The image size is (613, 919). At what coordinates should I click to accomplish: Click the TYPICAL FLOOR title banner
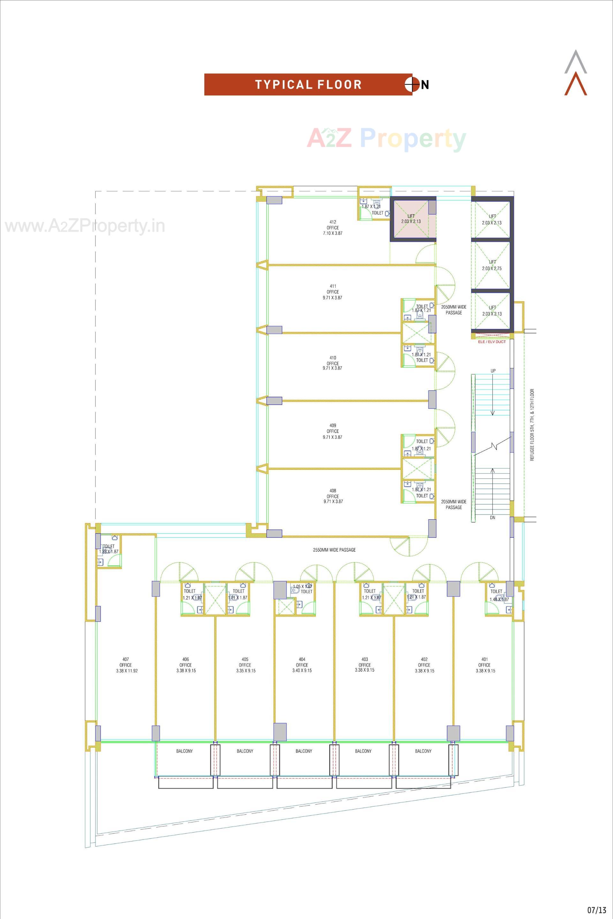[x=308, y=85]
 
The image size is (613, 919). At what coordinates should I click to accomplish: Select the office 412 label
[x=333, y=228]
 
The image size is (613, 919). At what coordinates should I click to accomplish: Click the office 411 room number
[x=333, y=286]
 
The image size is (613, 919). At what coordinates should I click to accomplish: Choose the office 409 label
[x=333, y=431]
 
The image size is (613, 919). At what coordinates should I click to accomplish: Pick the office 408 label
[x=333, y=496]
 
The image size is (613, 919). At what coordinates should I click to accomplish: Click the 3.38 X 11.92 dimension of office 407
[x=127, y=671]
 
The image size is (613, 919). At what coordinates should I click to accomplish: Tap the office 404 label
[x=302, y=665]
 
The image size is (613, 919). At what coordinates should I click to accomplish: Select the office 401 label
[x=484, y=665]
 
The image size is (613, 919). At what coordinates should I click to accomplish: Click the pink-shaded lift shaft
[x=411, y=219]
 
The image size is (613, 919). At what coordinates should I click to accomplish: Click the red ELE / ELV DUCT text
[x=491, y=342]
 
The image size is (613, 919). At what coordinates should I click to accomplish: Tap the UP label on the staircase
[x=493, y=371]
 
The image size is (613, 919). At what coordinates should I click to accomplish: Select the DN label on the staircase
[x=492, y=517]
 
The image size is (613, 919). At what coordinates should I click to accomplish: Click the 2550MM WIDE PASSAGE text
[x=334, y=550]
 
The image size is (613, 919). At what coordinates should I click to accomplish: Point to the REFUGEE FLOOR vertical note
[x=532, y=425]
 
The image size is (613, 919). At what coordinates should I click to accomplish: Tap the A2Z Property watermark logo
[x=386, y=139]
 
